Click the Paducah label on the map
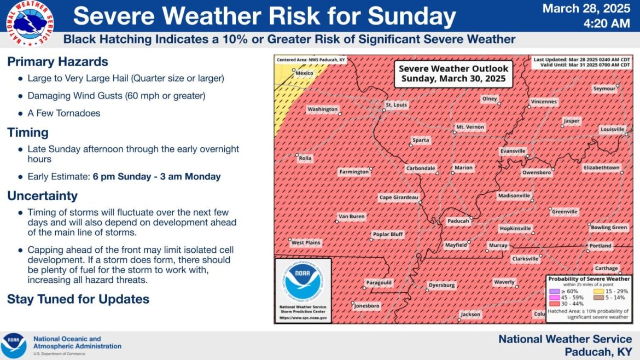tap(458, 221)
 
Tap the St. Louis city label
tap(396, 105)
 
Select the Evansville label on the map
tap(513, 151)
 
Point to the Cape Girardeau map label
tap(399, 198)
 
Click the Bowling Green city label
tap(609, 228)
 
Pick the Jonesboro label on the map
tap(366, 306)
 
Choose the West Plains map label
tap(306, 242)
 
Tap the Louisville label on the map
tap(612, 129)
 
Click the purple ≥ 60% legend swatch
tap(554, 292)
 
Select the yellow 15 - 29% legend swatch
tap(598, 292)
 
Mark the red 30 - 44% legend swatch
tap(554, 304)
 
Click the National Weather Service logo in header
tap(30, 24)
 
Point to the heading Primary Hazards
tap(57, 62)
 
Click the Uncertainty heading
tap(43, 196)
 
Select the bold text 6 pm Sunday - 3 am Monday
tap(157, 177)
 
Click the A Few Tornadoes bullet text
tap(63, 113)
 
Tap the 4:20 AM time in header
tap(607, 24)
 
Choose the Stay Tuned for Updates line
tap(78, 299)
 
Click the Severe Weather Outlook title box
tap(453, 74)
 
